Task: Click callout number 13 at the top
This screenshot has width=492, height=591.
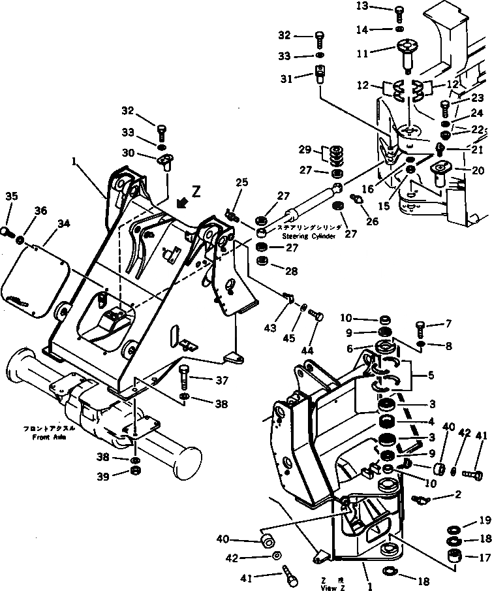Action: coord(380,7)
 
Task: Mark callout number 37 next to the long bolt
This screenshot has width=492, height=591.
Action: coord(223,380)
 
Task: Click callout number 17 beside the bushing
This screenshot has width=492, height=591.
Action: coord(483,558)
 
